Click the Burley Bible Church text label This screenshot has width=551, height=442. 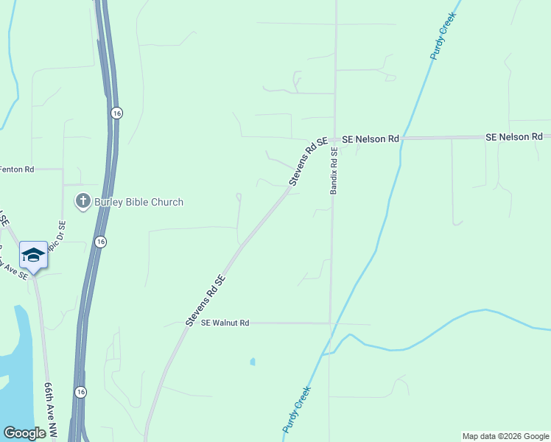[138, 202]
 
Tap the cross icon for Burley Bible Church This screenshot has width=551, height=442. [83, 201]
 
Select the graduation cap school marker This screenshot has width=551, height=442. [33, 255]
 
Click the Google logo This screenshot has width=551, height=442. [24, 433]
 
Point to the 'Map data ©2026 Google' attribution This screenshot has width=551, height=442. [505, 436]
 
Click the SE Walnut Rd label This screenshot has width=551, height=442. [225, 323]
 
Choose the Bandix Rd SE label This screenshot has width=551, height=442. [334, 171]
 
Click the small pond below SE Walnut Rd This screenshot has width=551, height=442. [253, 362]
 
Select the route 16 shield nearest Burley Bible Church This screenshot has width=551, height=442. [101, 242]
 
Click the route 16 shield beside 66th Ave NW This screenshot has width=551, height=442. [80, 392]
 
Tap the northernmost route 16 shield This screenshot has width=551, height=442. [116, 113]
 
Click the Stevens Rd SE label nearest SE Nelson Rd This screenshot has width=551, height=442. [308, 161]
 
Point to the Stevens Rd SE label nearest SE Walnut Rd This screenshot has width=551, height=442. [205, 301]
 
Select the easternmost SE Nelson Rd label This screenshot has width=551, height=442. [514, 137]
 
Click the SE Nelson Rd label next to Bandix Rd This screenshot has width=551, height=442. [371, 138]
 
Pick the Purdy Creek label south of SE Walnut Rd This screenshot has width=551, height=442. [298, 409]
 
